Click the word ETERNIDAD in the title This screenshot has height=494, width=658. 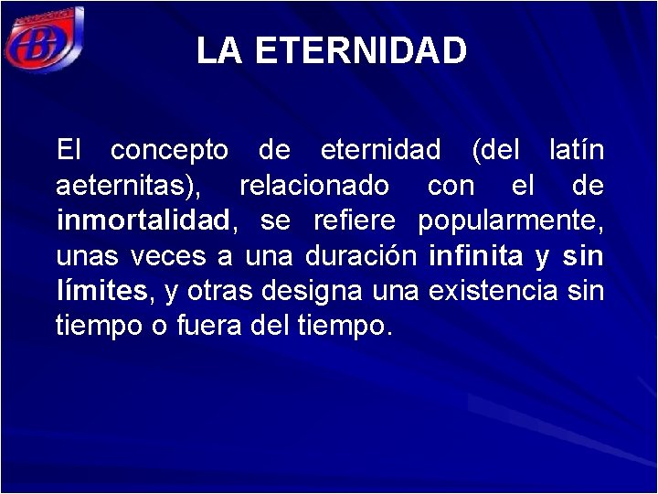pyautogui.click(x=361, y=51)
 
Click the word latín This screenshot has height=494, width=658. pyautogui.click(x=576, y=149)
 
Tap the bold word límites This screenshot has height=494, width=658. pyautogui.click(x=101, y=292)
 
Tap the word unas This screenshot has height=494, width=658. pyautogui.click(x=87, y=256)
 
